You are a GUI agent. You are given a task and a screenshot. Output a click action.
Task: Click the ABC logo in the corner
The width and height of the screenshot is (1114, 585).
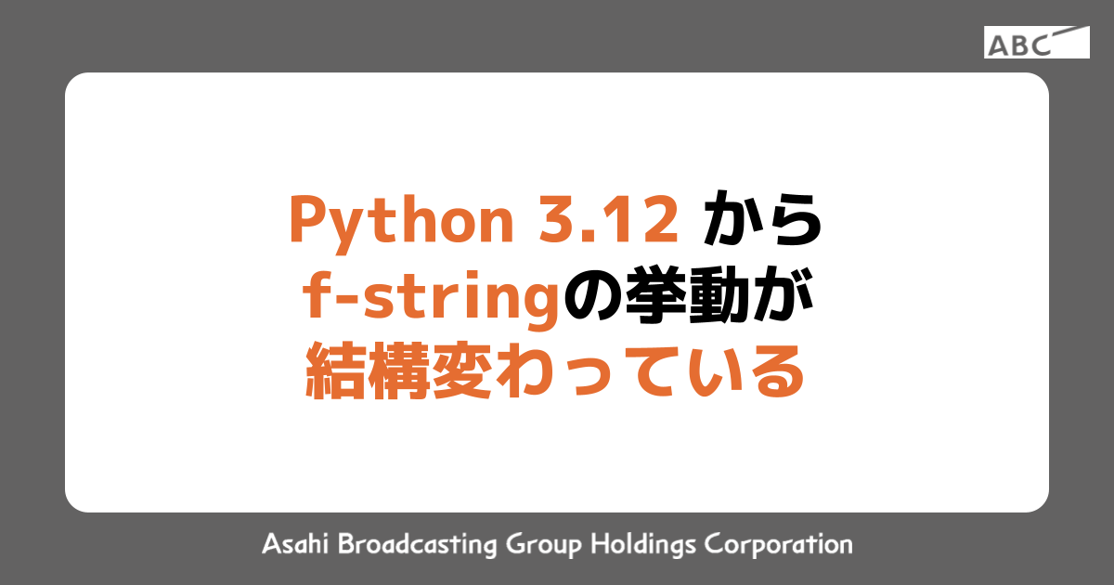click(x=1036, y=43)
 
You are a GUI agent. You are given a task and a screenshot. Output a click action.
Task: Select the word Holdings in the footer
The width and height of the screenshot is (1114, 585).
click(x=645, y=544)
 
